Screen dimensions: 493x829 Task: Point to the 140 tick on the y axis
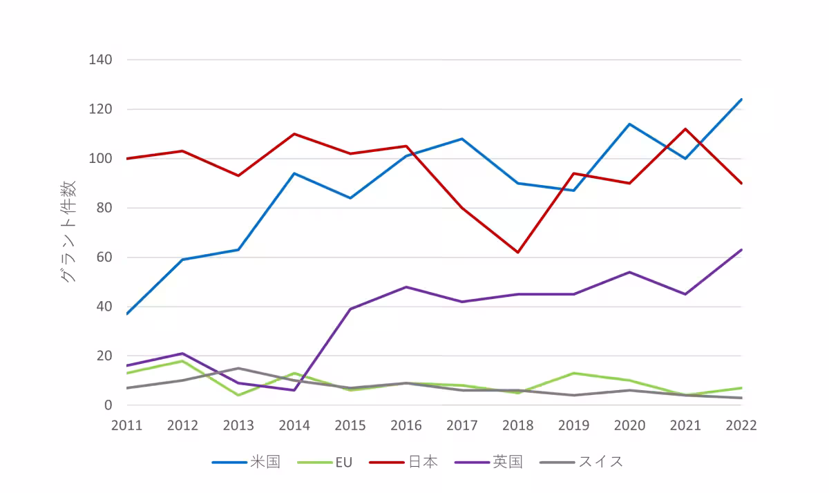(x=100, y=60)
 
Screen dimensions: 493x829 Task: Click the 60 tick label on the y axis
(x=103, y=258)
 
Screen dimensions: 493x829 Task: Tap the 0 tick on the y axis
(x=107, y=405)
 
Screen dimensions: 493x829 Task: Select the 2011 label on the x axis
(x=126, y=425)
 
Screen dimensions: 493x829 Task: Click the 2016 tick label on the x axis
(x=406, y=425)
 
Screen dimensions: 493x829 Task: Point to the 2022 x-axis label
(x=741, y=425)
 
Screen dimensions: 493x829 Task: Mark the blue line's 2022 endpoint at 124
(x=741, y=99)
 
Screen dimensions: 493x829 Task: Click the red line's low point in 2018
(x=517, y=252)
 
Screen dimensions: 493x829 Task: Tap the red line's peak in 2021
(x=685, y=129)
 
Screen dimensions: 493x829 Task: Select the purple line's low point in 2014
(x=294, y=390)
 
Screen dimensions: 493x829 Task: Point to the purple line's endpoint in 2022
(x=741, y=250)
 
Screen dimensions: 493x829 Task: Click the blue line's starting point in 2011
(x=126, y=314)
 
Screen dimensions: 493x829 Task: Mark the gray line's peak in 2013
(x=238, y=368)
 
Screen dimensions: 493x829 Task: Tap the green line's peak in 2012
(x=182, y=361)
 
